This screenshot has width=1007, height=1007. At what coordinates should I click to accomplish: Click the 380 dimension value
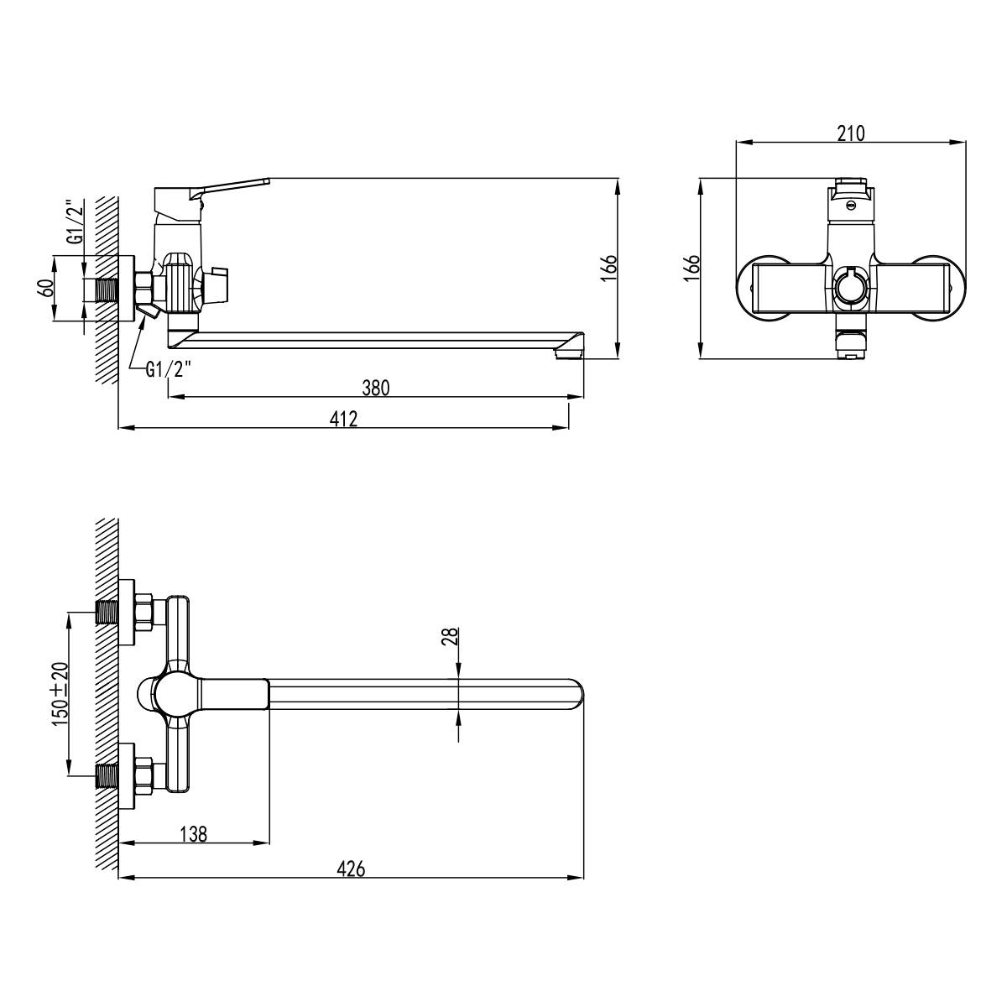376,389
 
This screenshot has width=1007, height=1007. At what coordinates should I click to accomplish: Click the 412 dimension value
344,419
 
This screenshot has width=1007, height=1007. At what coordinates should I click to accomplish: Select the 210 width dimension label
851,133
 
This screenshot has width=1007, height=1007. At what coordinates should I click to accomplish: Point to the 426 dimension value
351,869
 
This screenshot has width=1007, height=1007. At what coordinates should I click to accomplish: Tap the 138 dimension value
194,834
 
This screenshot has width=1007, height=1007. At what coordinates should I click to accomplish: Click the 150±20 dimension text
60,693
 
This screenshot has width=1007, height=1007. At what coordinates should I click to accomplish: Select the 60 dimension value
46,288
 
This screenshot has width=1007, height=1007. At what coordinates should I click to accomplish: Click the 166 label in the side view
608,269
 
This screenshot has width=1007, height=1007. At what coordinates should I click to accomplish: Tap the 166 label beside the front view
691,268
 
